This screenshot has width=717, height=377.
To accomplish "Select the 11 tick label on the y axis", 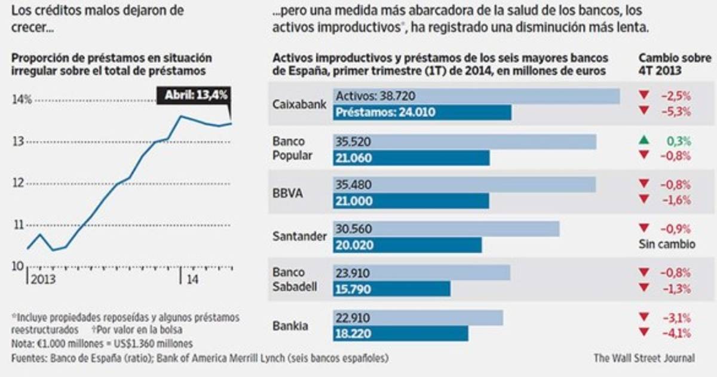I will (x=18, y=225).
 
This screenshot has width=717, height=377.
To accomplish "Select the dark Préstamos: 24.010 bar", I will (x=422, y=113).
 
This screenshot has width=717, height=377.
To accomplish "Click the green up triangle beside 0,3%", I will (x=643, y=141).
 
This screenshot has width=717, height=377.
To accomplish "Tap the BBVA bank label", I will (x=287, y=193).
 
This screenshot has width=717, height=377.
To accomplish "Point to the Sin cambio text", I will (x=667, y=244).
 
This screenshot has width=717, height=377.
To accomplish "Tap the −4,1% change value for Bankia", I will (x=675, y=333).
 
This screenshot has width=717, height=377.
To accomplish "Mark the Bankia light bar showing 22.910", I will (x=418, y=317).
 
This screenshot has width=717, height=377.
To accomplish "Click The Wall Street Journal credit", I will (x=644, y=358).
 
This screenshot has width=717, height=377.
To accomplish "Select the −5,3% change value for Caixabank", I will (x=675, y=111).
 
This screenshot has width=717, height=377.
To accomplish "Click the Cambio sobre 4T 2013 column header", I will (x=675, y=64).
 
